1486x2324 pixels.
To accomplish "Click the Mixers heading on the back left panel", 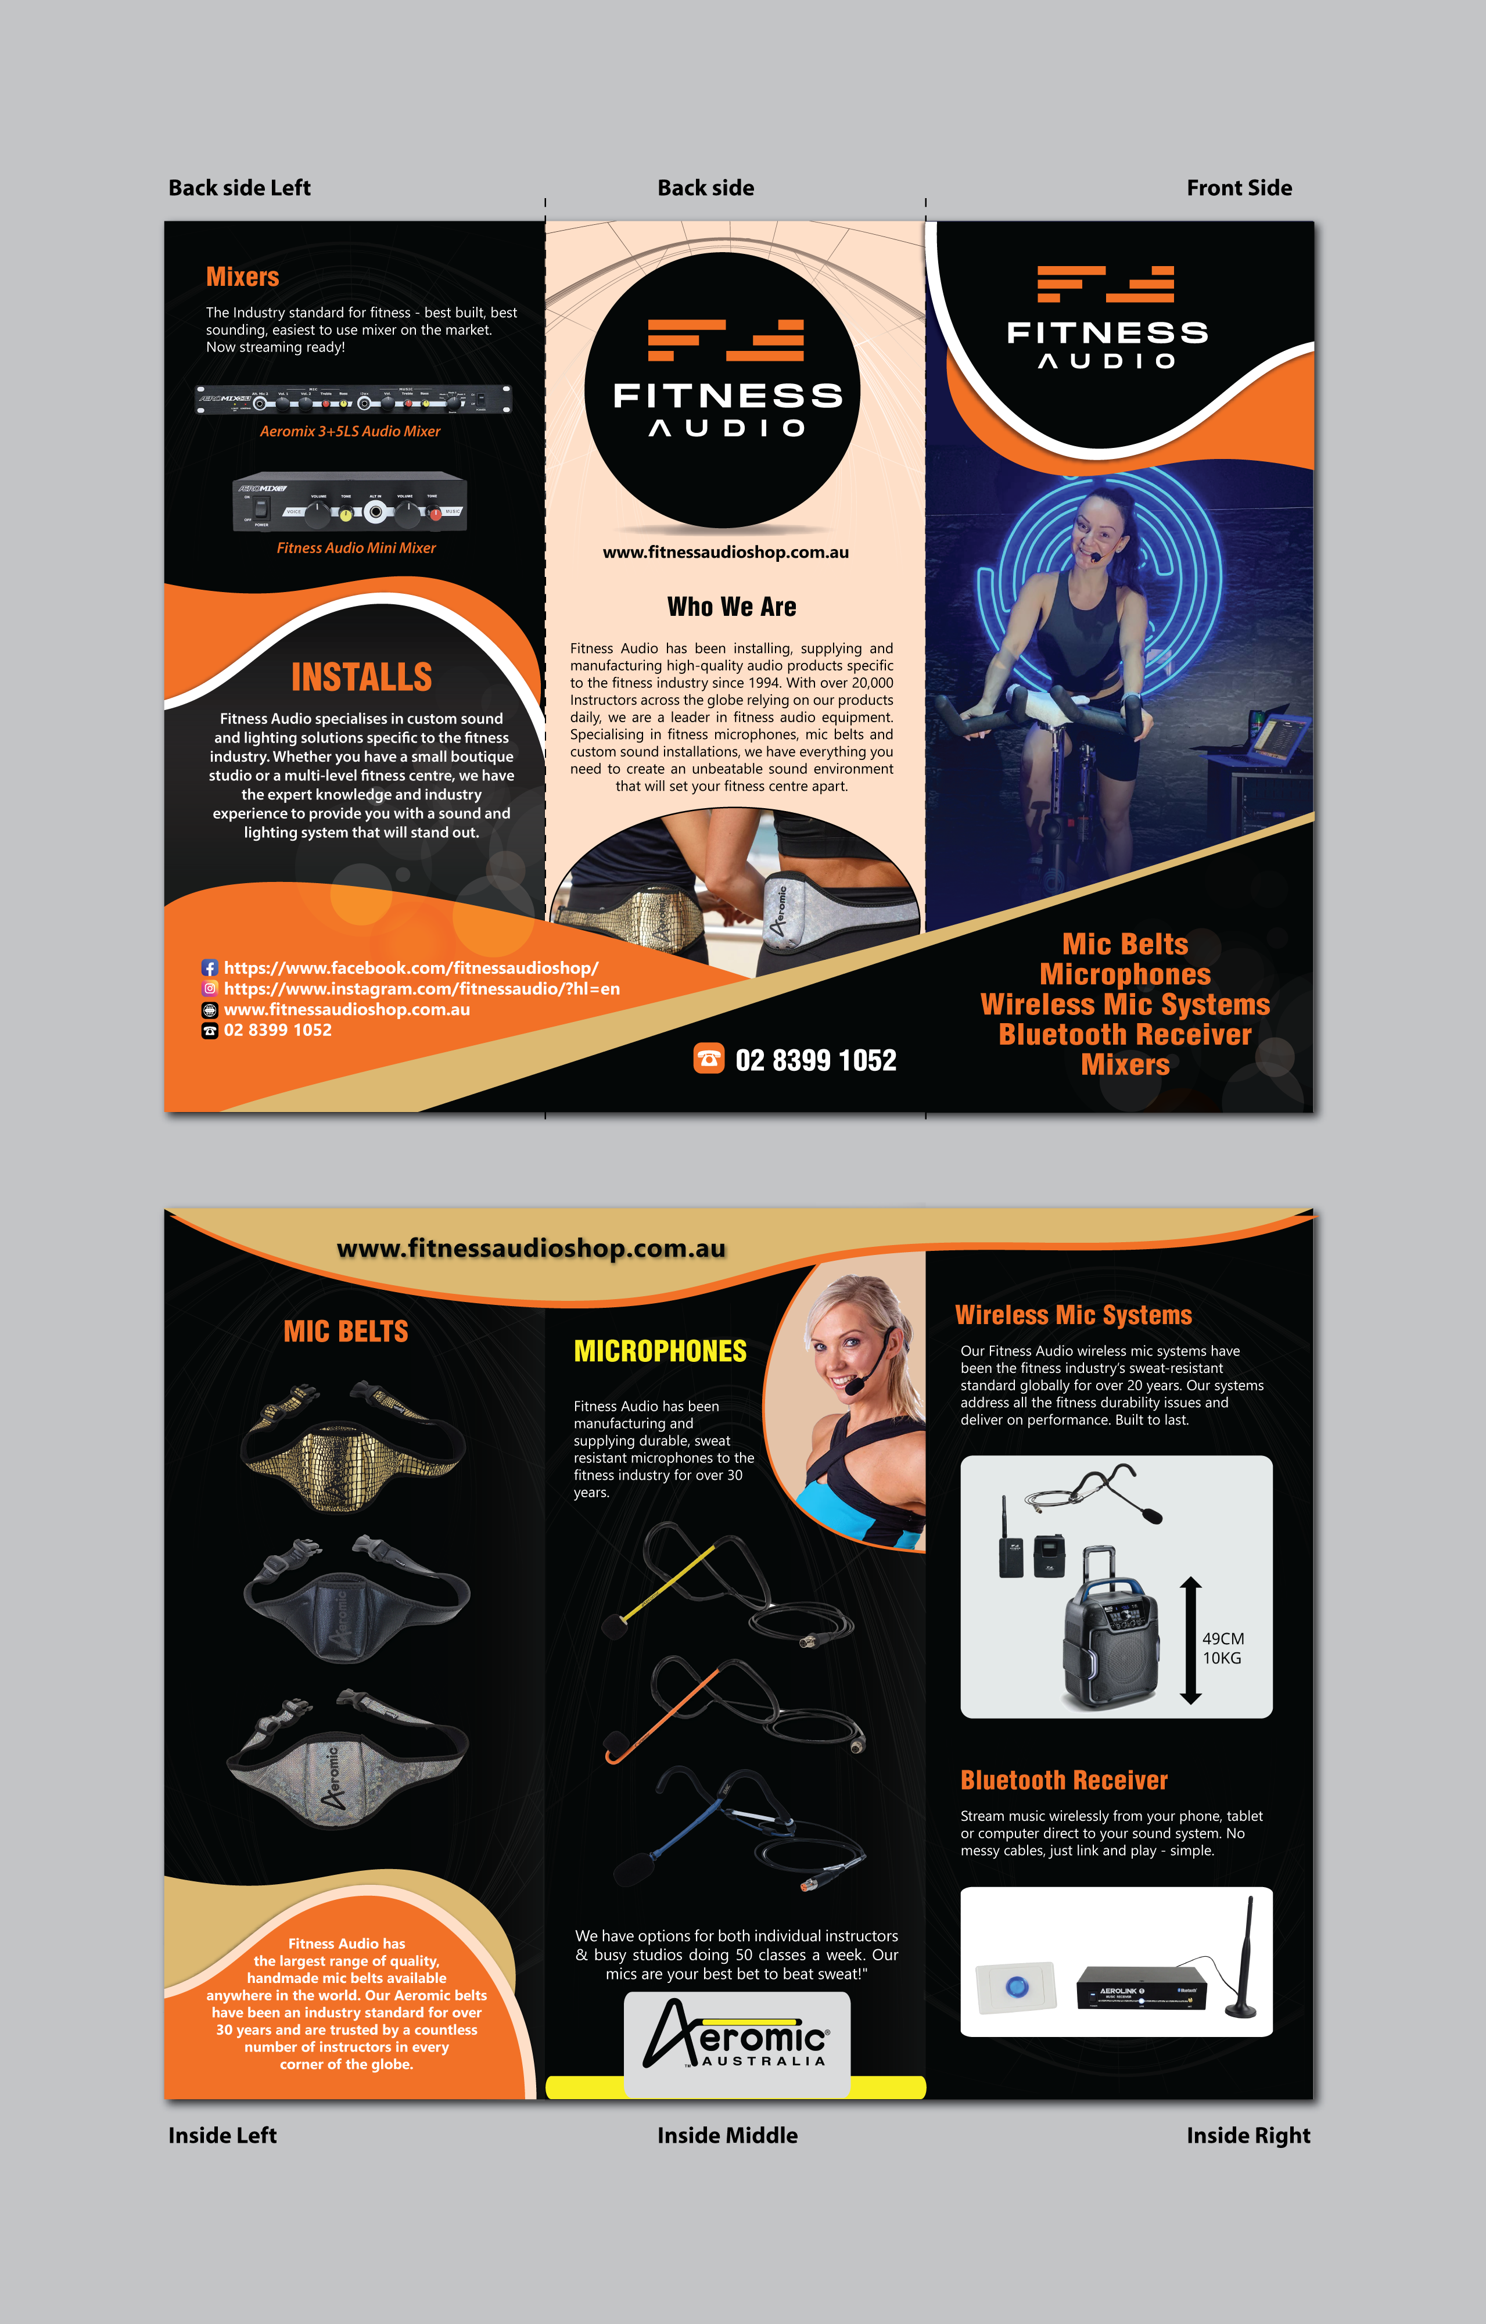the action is click(242, 277).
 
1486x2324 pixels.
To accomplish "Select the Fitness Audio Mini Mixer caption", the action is click(356, 548).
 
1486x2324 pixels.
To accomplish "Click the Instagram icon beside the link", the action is click(209, 988).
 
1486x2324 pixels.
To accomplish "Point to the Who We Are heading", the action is click(731, 607).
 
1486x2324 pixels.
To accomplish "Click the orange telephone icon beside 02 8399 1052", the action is click(709, 1059).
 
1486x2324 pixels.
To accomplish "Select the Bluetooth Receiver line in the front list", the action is click(1125, 1035).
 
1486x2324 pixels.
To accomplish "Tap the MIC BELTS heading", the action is click(346, 1332).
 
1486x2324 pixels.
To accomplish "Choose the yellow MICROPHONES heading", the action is click(660, 1351).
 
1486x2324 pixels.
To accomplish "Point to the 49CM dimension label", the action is click(1223, 1639).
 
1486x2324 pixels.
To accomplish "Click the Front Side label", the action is click(1239, 188).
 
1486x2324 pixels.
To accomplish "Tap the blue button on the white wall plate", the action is click(1017, 1986).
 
